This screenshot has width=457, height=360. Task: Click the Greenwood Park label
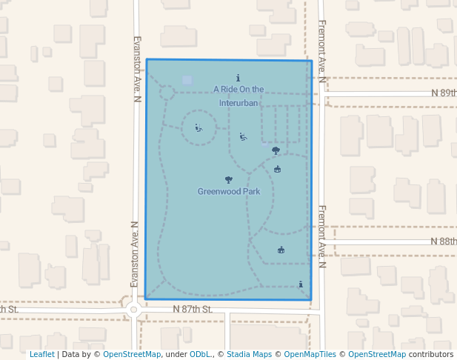tap(228, 191)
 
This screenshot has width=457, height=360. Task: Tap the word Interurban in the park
tap(238, 103)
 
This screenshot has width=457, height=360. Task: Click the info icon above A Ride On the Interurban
tap(238, 78)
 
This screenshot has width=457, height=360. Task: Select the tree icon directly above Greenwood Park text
tap(228, 179)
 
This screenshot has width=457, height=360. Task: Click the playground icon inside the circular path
tap(198, 127)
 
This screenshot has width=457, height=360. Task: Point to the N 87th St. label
tap(193, 308)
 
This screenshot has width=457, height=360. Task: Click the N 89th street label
tap(444, 93)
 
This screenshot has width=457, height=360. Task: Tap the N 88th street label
tap(444, 241)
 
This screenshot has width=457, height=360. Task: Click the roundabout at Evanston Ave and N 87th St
tap(133, 310)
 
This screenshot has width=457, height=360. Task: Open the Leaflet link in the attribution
tap(41, 354)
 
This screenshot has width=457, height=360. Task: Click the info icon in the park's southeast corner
tap(300, 284)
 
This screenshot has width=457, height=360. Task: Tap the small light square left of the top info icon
tap(187, 80)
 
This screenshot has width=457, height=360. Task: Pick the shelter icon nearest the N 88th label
tap(281, 250)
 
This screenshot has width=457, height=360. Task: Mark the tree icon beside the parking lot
tap(276, 150)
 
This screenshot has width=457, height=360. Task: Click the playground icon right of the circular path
tap(243, 136)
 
